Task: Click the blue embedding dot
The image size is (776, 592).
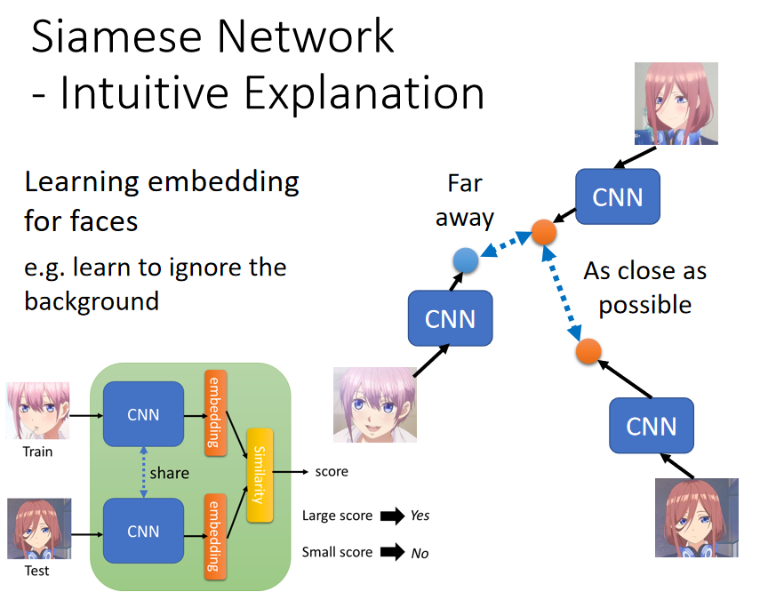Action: coord(465,260)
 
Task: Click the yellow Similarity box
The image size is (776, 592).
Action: coord(260,476)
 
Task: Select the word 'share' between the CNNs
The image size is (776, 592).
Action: coord(169,473)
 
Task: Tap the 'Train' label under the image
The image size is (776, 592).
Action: coord(37,452)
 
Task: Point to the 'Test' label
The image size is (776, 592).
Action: coord(37,571)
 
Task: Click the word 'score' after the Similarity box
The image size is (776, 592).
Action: coord(332,472)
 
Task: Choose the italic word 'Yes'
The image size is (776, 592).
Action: coord(420,516)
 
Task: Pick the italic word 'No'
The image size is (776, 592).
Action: coord(420,553)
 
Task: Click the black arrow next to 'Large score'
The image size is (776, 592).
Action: coord(393,516)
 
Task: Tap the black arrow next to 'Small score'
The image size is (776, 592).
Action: coord(393,552)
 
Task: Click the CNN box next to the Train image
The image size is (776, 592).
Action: coord(143,414)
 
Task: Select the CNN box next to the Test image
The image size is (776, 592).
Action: coord(143,531)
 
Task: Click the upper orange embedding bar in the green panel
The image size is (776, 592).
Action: coord(215,412)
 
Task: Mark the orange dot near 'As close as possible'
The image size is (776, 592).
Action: coord(588,351)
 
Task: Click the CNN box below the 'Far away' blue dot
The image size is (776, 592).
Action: coord(451,318)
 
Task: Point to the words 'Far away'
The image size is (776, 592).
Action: coord(465,201)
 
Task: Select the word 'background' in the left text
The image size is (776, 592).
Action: coord(92,301)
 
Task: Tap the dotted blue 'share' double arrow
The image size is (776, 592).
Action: coord(143,472)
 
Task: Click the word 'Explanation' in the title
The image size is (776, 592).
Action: coord(364,93)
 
